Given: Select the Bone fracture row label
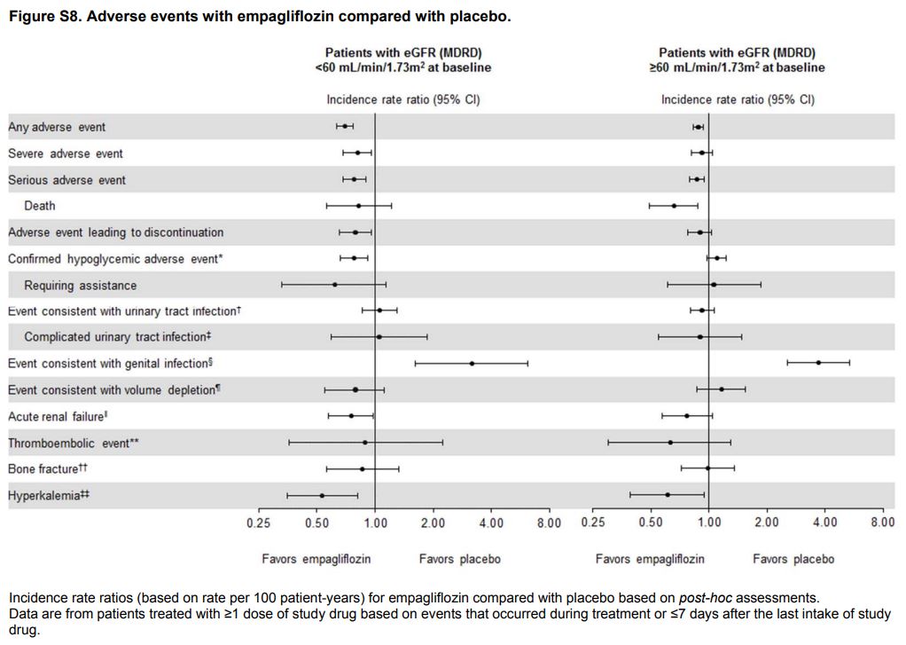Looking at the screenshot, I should tap(48, 468).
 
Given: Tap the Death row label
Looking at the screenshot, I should tap(40, 206).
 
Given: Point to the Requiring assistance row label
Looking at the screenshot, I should tap(81, 286).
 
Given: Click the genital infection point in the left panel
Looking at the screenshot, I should tap(472, 363).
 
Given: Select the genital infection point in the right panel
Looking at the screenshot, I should tap(818, 362).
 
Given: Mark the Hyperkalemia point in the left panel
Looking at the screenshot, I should tap(322, 495).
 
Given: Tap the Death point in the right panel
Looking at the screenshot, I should tap(674, 206).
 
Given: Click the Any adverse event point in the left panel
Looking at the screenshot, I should tap(345, 127).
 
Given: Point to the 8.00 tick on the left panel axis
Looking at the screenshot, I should tap(549, 523).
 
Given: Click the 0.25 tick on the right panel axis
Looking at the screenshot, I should tap(593, 523).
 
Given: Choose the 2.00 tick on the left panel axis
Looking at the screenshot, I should tap(433, 523).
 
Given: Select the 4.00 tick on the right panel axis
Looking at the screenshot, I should tap(825, 523).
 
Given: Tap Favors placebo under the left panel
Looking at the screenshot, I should tap(459, 559).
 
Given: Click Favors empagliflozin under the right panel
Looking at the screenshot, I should tap(650, 559).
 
